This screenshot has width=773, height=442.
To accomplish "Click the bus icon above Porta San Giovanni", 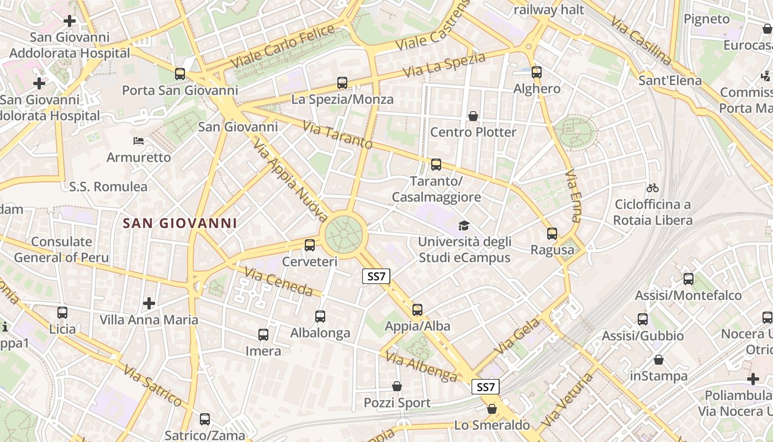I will [x=180, y=73].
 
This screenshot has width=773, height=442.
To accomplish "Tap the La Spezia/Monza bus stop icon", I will [x=342, y=83].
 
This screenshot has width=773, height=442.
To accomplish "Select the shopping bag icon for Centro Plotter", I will [x=473, y=116].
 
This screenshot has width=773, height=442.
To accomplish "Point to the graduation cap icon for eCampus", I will [x=464, y=225].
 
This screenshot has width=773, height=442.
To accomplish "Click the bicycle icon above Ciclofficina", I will [x=653, y=188].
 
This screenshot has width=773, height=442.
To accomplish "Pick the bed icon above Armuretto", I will [x=139, y=141].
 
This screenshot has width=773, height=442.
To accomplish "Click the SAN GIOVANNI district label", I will [x=180, y=223].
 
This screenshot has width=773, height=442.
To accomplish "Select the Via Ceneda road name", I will [x=283, y=282].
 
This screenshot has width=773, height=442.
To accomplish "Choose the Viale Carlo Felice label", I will [x=283, y=46].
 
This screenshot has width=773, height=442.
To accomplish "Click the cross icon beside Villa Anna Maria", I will [x=149, y=303].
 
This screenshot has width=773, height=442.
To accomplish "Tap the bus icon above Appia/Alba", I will [x=417, y=309].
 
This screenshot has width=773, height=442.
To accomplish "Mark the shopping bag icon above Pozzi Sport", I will [x=396, y=386].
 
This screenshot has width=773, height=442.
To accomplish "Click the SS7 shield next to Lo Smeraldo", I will [x=486, y=387].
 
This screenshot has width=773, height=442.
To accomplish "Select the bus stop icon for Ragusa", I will [x=552, y=233].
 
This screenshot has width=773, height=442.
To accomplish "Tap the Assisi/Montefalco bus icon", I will [x=688, y=278].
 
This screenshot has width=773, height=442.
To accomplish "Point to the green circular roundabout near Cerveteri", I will [x=343, y=234].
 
